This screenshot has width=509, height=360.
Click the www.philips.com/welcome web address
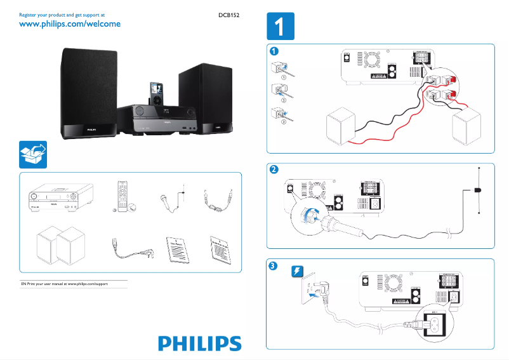(70, 24)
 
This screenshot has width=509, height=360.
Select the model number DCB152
(227, 13)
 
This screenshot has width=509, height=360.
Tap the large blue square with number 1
(280, 27)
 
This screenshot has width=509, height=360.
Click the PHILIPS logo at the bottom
(200, 343)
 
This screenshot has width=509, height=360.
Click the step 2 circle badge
(274, 170)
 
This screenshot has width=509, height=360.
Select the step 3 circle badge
(274, 265)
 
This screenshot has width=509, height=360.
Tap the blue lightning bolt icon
(297, 272)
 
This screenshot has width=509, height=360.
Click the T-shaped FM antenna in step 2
(478, 190)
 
